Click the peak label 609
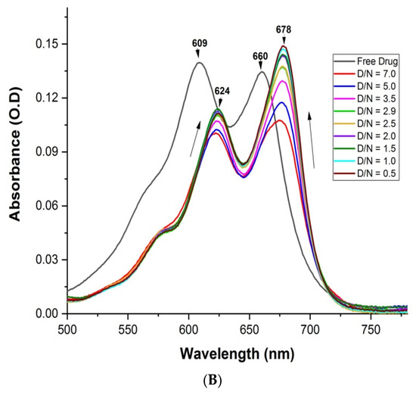pyautogui.click(x=199, y=44)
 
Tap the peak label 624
pyautogui.click(x=222, y=91)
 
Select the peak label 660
pyautogui.click(x=261, y=55)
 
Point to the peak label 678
pyautogui.click(x=284, y=30)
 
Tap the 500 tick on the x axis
pyautogui.click(x=67, y=330)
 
